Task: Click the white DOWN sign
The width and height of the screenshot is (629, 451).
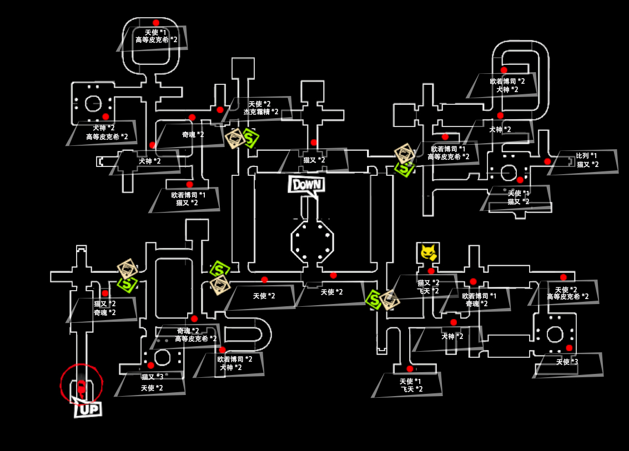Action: pos(306,185)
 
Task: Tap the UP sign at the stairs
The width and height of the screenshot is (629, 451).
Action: pos(88,409)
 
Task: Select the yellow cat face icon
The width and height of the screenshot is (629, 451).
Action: pos(428,253)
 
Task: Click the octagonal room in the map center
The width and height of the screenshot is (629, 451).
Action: pos(312,241)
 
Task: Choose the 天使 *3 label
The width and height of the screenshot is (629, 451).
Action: pos(567,362)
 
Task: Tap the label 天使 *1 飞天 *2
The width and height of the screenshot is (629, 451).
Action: pos(410,385)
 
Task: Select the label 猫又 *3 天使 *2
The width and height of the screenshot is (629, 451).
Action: pos(152,383)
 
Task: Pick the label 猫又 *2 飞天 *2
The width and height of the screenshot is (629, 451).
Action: pos(428,287)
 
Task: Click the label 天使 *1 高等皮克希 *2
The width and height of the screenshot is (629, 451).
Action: pos(156,36)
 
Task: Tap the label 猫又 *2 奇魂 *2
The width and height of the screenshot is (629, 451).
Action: pos(104,308)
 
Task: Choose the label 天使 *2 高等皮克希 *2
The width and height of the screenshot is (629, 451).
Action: pos(567,293)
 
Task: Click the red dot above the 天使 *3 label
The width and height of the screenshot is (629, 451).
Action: pos(569,348)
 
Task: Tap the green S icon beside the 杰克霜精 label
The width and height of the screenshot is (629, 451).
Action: pos(250,138)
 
